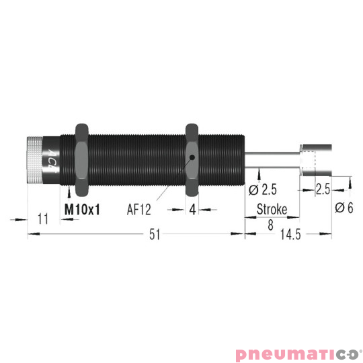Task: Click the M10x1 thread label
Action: [x=82, y=210]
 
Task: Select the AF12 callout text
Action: [x=139, y=210]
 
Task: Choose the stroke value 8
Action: [x=270, y=226]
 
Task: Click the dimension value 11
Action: [x=44, y=219]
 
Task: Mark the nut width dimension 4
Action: [x=192, y=210]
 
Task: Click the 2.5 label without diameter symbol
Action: [x=323, y=190]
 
